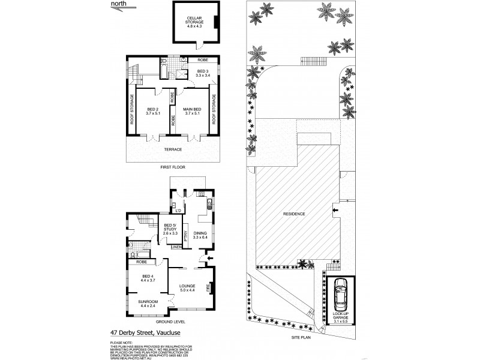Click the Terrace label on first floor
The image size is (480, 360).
click(174, 149)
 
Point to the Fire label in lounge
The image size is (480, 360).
click(209, 288)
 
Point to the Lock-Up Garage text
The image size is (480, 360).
click(340, 317)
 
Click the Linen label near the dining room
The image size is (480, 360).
click(177, 247)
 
